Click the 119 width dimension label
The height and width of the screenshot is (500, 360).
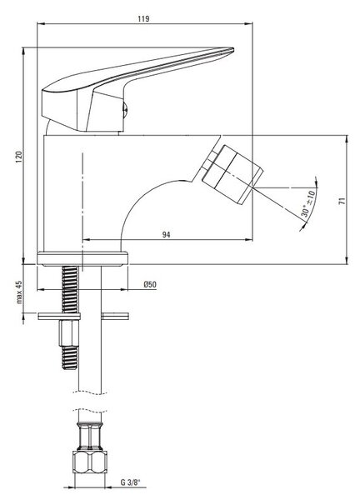[143, 18]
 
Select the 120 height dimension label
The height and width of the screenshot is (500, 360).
[19, 157]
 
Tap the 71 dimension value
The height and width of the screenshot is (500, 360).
[342, 201]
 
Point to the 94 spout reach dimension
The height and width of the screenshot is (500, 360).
[166, 235]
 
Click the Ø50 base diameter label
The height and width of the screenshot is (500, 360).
[150, 284]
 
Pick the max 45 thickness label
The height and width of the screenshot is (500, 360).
[19, 292]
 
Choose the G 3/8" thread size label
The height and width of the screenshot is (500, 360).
[130, 482]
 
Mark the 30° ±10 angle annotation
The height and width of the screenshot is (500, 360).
[308, 203]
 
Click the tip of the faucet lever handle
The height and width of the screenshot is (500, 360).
[232, 49]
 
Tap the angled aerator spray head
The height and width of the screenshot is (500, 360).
[232, 174]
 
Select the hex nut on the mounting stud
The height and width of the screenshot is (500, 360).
[69, 333]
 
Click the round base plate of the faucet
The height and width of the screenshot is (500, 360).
[82, 258]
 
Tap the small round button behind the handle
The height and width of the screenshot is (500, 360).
[125, 109]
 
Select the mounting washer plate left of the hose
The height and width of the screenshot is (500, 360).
[59, 317]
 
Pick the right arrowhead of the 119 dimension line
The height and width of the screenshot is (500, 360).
[248, 23]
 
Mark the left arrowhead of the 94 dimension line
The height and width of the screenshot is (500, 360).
[87, 239]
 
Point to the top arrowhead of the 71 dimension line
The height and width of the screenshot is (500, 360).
[347, 139]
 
